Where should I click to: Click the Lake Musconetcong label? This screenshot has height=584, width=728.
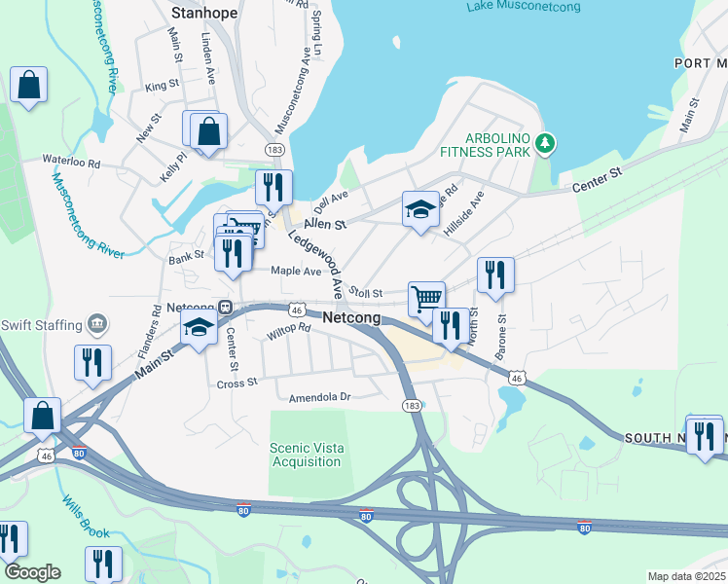point(523,7)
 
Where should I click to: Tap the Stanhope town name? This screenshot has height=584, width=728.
point(204,14)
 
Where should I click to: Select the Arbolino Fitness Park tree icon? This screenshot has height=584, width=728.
point(545,145)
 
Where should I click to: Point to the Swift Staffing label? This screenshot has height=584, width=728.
point(42,325)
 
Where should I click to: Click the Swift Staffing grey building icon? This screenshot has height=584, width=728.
point(96,323)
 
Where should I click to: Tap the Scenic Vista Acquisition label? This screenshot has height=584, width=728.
point(306,455)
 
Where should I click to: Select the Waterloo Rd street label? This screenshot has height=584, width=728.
point(71,162)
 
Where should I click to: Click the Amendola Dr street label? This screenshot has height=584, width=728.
point(318,397)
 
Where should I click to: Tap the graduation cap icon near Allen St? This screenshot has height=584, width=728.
point(420,209)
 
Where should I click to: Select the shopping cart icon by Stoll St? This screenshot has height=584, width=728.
point(425,298)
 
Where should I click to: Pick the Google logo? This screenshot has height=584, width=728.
point(32,572)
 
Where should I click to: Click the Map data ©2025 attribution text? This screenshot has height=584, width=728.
point(686,576)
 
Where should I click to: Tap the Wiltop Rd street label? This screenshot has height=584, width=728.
point(288,332)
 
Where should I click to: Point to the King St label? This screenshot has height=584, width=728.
point(157,87)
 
